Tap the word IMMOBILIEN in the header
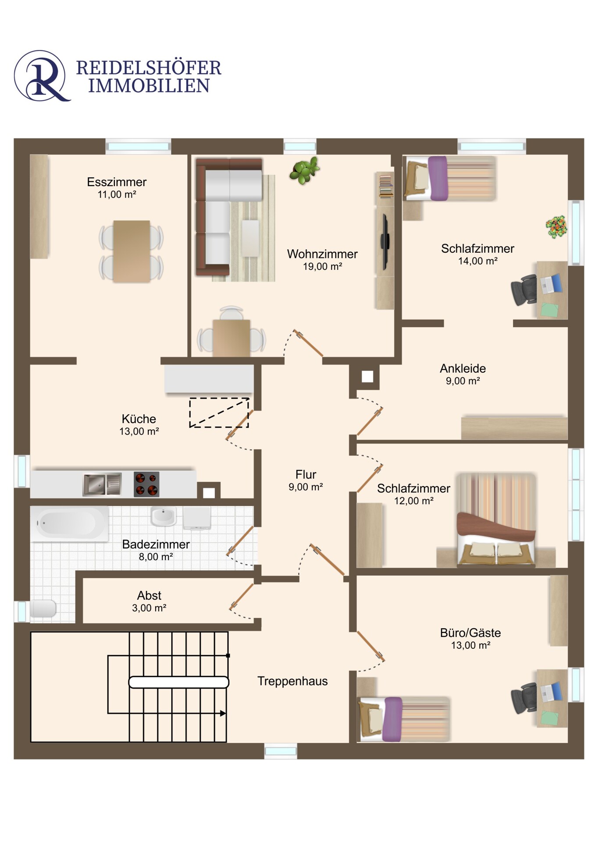[x=149, y=86]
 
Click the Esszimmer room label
[x=117, y=182]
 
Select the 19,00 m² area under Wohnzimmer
[x=322, y=266]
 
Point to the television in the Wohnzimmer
[x=385, y=241]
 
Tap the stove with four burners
[x=146, y=484]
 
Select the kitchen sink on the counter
[x=102, y=484]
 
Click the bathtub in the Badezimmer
[x=69, y=523]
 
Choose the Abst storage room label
[x=149, y=596]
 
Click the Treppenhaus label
[x=292, y=681]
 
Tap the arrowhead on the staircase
[x=223, y=714]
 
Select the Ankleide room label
[x=463, y=368]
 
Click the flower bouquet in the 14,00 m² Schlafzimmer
[x=556, y=227]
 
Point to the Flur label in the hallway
[x=306, y=474]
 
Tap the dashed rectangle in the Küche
[x=219, y=413]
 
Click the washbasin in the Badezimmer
[x=163, y=516]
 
